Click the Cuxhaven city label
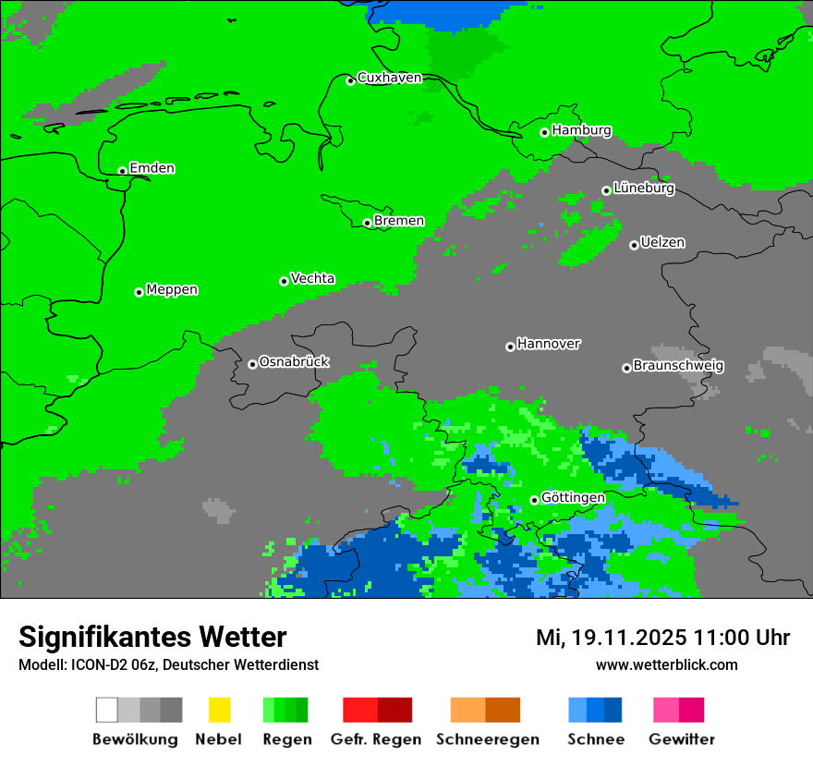point(389,78)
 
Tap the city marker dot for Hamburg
point(544,132)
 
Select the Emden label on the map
point(152,168)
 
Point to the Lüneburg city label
point(643,188)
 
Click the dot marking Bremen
point(367,223)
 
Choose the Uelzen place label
point(662,242)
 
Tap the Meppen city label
point(172,289)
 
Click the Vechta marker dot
point(284,281)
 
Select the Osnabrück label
point(294,361)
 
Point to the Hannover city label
point(548,344)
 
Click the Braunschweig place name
point(678,365)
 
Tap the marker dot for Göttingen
point(534,500)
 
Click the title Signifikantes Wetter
point(152,637)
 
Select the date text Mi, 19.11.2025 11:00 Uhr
point(662,638)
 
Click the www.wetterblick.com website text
point(666,664)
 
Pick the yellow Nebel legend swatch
point(219,710)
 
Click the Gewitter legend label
point(681,739)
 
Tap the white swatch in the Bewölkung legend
point(107,710)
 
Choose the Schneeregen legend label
point(487,739)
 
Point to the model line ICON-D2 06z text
point(168,664)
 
